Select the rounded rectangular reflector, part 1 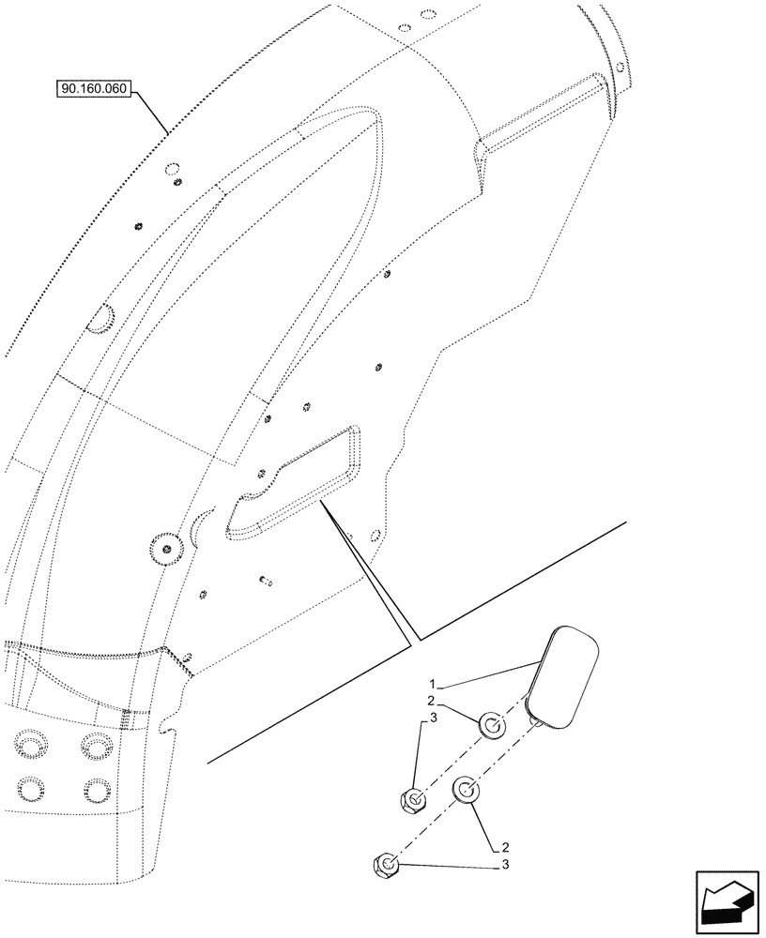click(x=564, y=676)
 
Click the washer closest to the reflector click(x=492, y=724)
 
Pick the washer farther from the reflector click(x=467, y=790)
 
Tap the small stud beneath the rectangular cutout click(x=266, y=582)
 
